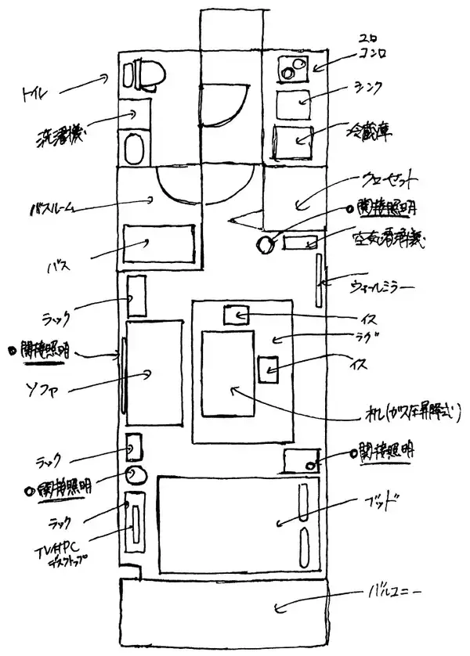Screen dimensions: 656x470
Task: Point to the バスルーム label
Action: [52, 209]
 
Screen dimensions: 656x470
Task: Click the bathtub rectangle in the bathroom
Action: [159, 244]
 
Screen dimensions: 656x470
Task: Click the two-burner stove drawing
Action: [295, 68]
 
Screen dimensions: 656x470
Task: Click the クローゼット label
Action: [389, 181]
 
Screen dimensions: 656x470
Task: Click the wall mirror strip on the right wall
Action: [319, 280]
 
